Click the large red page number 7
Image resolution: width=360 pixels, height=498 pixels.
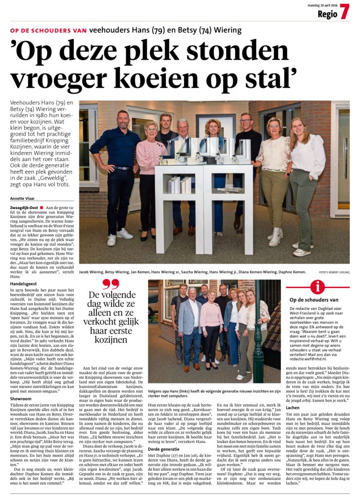click(344, 12)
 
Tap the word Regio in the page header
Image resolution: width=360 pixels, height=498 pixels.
click(327, 14)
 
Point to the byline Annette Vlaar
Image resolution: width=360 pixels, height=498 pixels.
click(22, 199)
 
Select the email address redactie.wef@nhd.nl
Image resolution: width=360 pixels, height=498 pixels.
click(319, 357)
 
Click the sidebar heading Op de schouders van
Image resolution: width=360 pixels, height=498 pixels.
click(321, 300)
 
